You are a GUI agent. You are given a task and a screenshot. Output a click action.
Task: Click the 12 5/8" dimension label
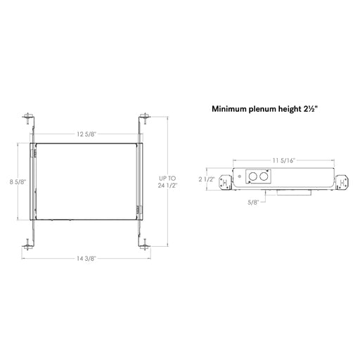86,134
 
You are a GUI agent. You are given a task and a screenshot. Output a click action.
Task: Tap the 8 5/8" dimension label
18,181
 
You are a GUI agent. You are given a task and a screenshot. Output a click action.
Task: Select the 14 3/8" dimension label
86,259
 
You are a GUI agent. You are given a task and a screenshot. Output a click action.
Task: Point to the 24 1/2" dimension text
167,186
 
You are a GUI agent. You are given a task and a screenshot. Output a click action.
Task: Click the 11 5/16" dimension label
283,160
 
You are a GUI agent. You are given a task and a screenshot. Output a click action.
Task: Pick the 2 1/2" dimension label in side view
207,179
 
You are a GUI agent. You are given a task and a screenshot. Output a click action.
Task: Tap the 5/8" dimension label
253,202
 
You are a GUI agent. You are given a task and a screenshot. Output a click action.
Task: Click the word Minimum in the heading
229,109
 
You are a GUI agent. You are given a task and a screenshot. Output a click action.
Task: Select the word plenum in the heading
262,110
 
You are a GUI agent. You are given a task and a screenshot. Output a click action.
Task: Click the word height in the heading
290,110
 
